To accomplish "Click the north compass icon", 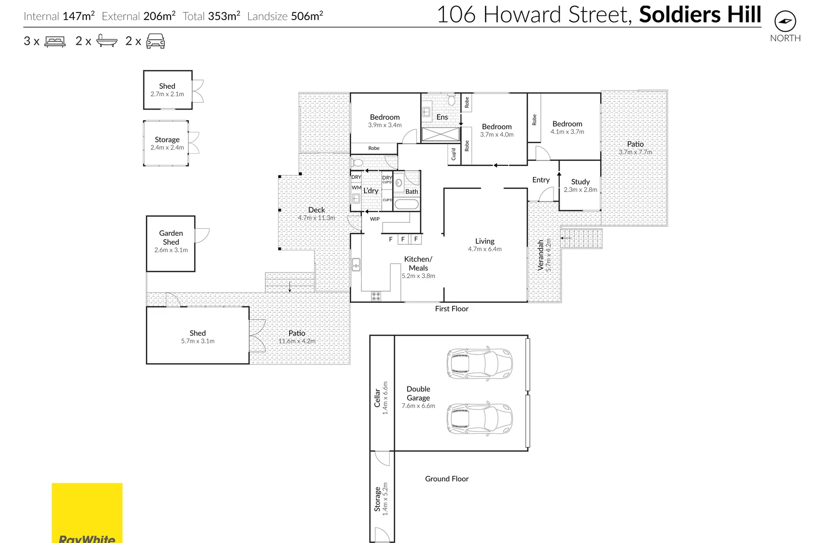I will click(x=785, y=22).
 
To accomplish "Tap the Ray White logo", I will click(x=87, y=513).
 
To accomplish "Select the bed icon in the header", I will click(x=55, y=41).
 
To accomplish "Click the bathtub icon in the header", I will click(x=107, y=41).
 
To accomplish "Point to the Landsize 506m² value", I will click(x=306, y=16).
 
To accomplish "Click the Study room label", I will click(x=580, y=182).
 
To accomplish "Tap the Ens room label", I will click(x=442, y=117).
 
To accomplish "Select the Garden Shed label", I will click(x=171, y=237).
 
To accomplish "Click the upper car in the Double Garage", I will click(x=480, y=363).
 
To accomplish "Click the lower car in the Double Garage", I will click(x=480, y=418).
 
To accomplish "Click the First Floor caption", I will click(x=451, y=309).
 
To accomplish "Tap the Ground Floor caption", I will click(x=446, y=479).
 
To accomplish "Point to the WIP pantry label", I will click(x=375, y=219).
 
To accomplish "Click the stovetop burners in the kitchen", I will click(x=376, y=296).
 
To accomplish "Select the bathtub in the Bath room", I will click(x=406, y=205).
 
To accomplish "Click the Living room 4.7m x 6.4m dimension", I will click(x=485, y=249).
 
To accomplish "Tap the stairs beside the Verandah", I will click(x=582, y=238).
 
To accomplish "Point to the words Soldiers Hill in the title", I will click(x=700, y=15).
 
